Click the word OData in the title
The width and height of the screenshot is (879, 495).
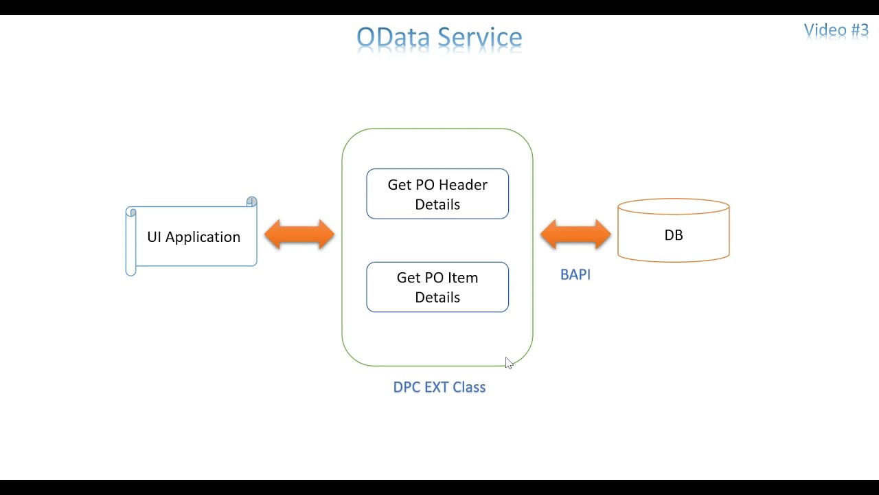point(394,37)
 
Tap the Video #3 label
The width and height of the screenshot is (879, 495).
point(836,30)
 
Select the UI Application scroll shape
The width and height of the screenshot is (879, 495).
point(192,237)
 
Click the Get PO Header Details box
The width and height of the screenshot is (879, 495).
point(437,194)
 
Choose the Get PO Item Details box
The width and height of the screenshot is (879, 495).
point(437,287)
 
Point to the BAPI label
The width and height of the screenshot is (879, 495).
point(575,274)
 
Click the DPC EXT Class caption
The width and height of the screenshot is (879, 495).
point(439,387)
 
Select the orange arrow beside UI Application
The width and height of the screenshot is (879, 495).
point(299,234)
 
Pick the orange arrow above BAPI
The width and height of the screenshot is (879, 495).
point(575,234)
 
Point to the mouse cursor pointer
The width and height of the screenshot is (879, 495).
point(508,362)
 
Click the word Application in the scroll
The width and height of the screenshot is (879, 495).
point(203,237)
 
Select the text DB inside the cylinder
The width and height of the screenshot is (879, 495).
point(673,235)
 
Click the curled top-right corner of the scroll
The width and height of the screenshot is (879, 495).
point(251,201)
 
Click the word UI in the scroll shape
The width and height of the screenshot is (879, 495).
point(154,237)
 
